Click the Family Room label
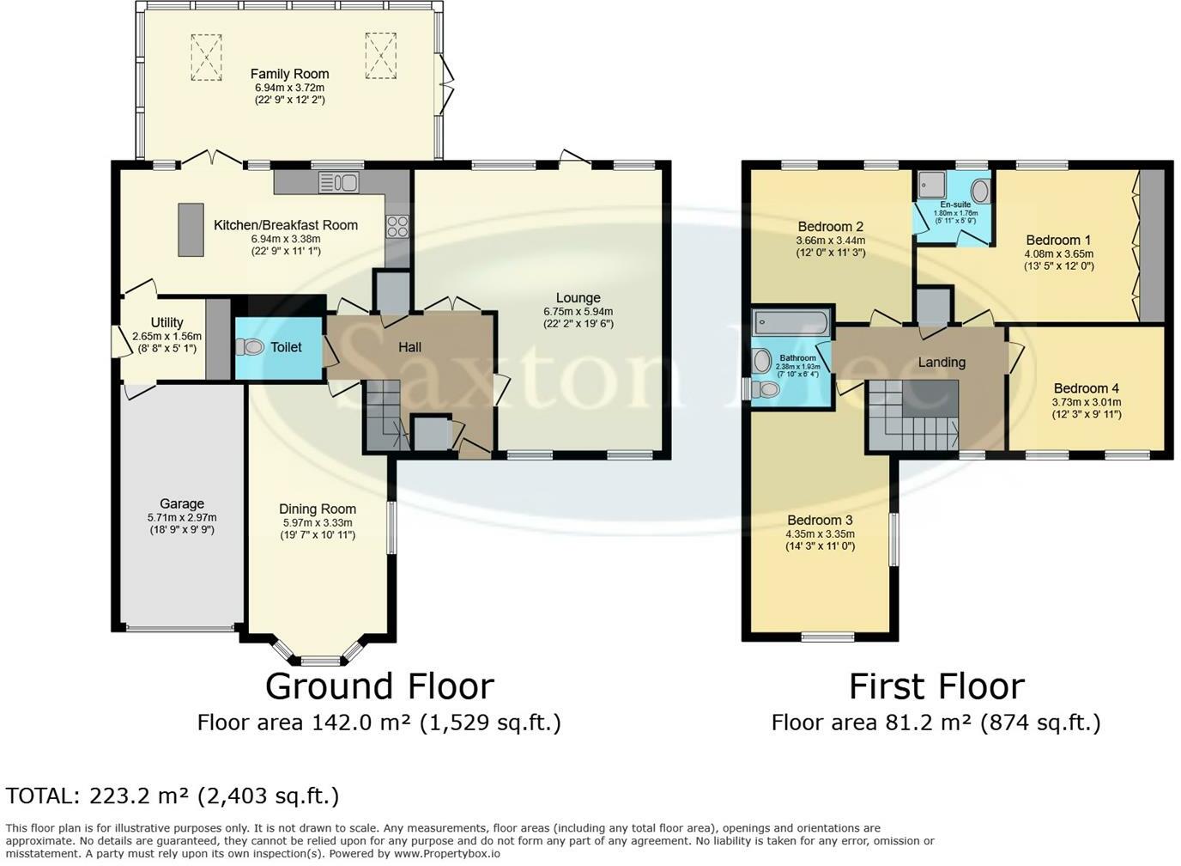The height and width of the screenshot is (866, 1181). coord(289,74)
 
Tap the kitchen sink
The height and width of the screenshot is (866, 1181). coord(339,183)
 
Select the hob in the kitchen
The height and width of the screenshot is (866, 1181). coord(397,227)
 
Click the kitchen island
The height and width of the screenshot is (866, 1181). coord(191,230)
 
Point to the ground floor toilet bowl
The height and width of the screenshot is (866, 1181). coord(251,347)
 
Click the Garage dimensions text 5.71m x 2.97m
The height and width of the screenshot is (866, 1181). coord(182,518)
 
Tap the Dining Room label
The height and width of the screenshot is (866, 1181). coord(318,509)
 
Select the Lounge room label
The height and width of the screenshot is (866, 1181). coord(578,297)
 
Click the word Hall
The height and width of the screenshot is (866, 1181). coord(409,347)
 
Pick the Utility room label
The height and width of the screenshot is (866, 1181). coord(167,322)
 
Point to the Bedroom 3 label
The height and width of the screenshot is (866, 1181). coord(820,520)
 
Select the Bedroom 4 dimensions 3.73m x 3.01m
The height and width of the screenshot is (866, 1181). coord(1087,401)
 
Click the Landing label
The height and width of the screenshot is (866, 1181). coord(942,362)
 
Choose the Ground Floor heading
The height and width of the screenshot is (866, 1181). coord(379,686)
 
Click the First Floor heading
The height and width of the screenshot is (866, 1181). coord(937,686)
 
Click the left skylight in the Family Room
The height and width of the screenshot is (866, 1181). coord(206,57)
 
